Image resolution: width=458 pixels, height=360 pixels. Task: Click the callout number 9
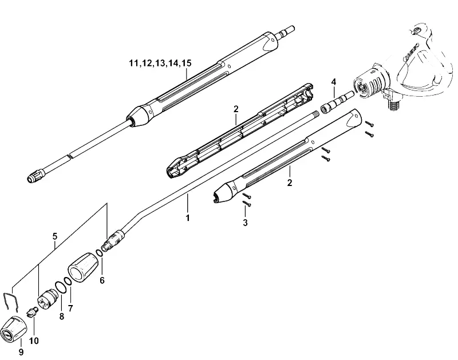click(x=21, y=352)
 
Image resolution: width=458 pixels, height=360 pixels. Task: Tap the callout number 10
click(x=34, y=341)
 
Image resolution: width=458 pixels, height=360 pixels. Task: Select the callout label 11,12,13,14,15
click(x=160, y=63)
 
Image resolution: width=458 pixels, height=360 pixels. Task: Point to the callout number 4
click(x=334, y=82)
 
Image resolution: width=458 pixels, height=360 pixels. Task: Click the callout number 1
click(x=55, y=236)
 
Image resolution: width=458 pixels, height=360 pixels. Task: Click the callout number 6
click(x=102, y=280)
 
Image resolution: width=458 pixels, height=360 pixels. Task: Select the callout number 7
click(x=70, y=308)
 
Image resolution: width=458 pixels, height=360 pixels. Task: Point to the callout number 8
click(x=61, y=316)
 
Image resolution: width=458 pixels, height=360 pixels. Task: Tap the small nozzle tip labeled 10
click(x=32, y=312)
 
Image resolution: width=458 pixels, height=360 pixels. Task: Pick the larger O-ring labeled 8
click(x=59, y=287)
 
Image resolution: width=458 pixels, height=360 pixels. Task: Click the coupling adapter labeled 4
click(x=337, y=103)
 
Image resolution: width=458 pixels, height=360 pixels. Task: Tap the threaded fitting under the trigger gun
click(x=393, y=105)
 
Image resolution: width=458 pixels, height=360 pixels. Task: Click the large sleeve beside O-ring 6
click(x=83, y=267)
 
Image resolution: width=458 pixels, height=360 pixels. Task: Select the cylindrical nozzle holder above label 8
click(x=49, y=299)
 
